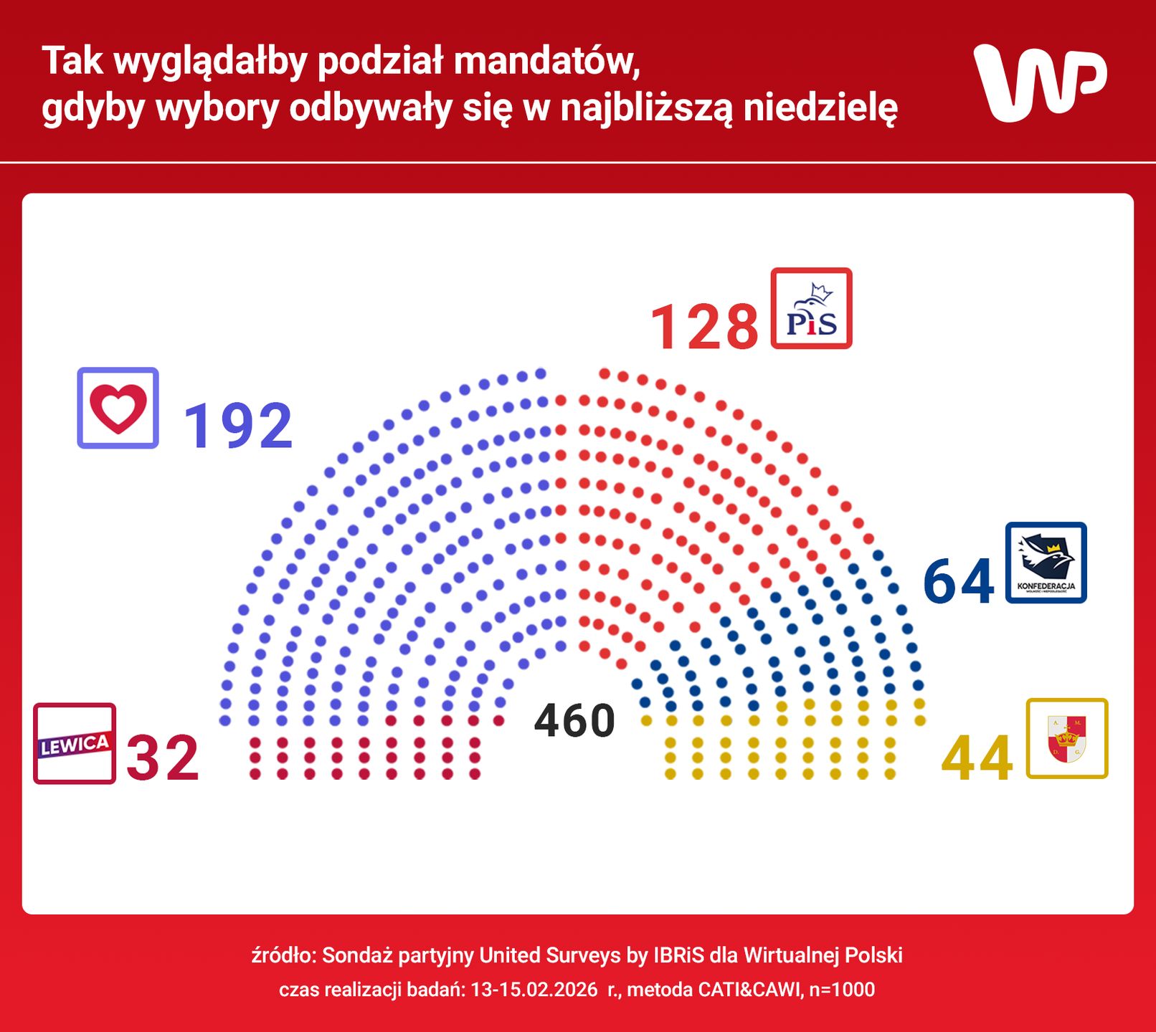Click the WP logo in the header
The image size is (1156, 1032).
pos(1040,82)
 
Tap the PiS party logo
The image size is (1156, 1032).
pos(811,309)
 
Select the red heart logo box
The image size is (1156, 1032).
pos(118,408)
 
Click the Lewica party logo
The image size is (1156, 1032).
pos(75,743)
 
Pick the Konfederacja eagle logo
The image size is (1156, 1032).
pos(1046,563)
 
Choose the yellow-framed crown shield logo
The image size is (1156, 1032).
pos(1067,738)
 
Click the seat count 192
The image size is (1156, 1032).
pos(238,426)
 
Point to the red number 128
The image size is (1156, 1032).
pos(703,328)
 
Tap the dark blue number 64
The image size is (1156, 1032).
pos(958,581)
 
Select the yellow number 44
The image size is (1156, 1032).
pos(977,759)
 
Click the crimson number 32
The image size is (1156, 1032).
pos(163,758)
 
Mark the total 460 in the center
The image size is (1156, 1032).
pos(574,721)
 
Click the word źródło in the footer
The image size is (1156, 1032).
pos(283,955)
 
